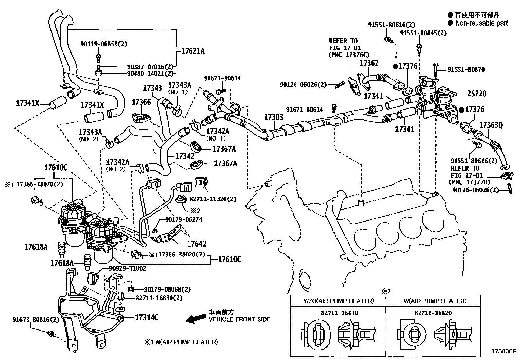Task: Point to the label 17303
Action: [x=274, y=117]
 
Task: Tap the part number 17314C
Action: [x=147, y=317]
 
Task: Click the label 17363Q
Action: [x=491, y=125]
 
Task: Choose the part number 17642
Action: [x=197, y=244]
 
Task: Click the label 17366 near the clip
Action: [x=141, y=102]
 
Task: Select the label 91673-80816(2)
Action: [x=36, y=319]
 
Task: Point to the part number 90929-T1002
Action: [x=127, y=268]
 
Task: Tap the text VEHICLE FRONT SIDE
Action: [x=240, y=319]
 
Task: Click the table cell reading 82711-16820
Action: [x=433, y=313]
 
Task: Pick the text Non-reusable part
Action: [x=481, y=23]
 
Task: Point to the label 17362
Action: [x=369, y=63]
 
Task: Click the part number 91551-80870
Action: [x=466, y=69]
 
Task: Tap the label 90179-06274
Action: [x=184, y=219]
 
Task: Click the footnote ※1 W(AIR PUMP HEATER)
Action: [x=181, y=342]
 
